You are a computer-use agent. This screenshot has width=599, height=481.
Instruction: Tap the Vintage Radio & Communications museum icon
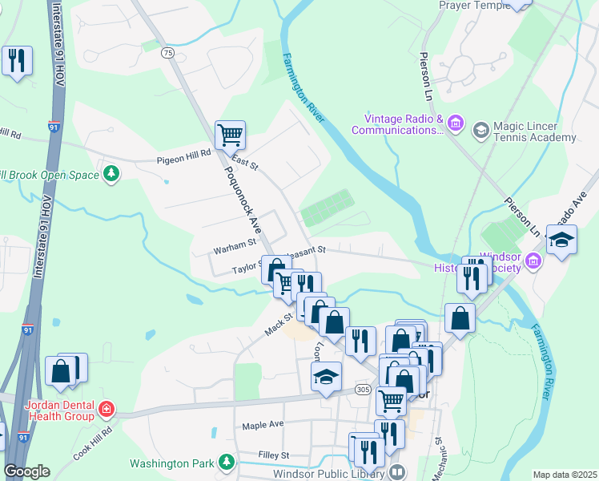[456, 124]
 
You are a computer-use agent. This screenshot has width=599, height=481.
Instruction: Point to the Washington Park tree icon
[227, 463]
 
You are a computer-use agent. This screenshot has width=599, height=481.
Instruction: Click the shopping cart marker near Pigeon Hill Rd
[230, 135]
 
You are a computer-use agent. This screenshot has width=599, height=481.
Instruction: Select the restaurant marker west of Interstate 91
[16, 61]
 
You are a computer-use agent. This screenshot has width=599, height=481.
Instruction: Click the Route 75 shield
[167, 53]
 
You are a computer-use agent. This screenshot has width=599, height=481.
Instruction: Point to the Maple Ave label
[263, 424]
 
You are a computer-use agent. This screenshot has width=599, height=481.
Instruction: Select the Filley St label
[273, 455]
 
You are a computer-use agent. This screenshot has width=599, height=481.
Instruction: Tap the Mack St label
[275, 325]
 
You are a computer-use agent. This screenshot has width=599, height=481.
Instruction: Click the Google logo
[26, 471]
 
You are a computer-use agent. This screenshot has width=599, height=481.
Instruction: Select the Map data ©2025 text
[565, 475]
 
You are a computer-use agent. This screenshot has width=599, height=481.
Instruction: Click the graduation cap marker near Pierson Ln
[561, 239]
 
